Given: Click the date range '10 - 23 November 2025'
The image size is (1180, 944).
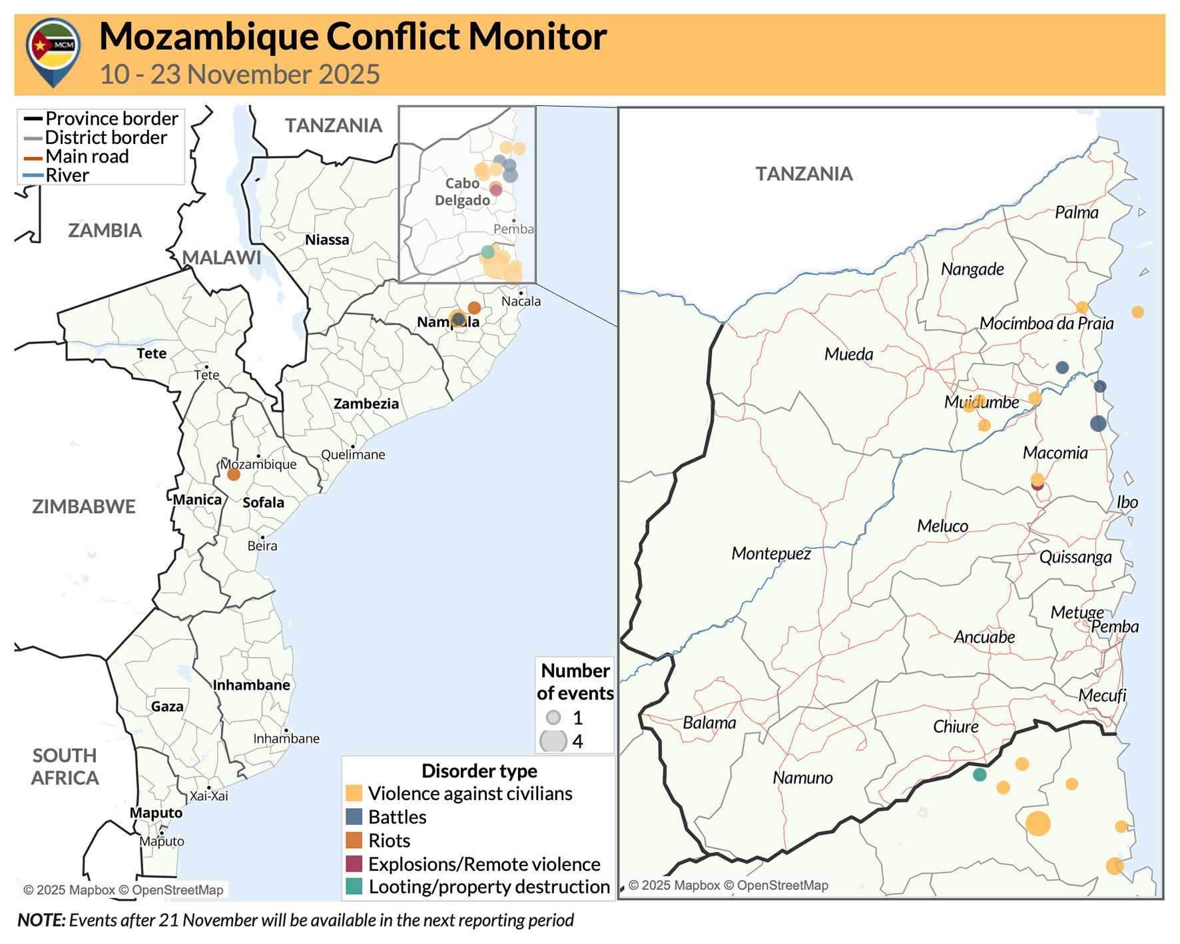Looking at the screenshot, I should pos(240,75).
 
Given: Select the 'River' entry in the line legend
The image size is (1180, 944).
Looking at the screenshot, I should pos(67,176).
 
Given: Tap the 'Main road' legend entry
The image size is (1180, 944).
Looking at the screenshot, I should pos(87,157).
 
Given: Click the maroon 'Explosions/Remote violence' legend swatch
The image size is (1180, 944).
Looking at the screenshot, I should pos(354,864).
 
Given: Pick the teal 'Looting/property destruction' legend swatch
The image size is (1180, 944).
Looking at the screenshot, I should pos(354,887).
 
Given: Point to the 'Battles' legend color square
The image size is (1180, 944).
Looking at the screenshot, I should pos(354,817).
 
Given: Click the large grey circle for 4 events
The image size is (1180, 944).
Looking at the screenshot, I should pos(553,741).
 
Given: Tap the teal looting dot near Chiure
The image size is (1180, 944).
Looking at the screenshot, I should pos(979,774).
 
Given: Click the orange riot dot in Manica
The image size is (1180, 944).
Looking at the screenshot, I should pos(233,474).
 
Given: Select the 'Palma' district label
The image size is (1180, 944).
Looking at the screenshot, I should pos(1076,213).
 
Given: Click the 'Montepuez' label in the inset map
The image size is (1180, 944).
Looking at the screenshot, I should pos(770,554).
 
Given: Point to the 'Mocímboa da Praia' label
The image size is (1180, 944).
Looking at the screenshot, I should pos(1046,324).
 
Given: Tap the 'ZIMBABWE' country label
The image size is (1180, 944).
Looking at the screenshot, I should pos(84,506).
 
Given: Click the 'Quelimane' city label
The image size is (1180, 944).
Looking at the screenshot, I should pos(353,455).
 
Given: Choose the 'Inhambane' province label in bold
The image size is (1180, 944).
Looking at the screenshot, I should pos(251,685).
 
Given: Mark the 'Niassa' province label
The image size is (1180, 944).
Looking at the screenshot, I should pos(327,240).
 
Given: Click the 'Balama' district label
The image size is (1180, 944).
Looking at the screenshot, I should pos(709,723).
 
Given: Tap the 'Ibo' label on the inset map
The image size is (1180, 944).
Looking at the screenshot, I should pos(1127,502).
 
